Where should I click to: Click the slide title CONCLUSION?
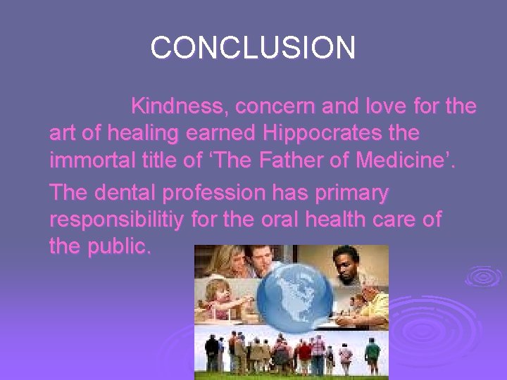[253, 48]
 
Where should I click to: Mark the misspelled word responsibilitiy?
[118, 219]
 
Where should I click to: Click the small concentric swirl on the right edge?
[484, 275]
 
